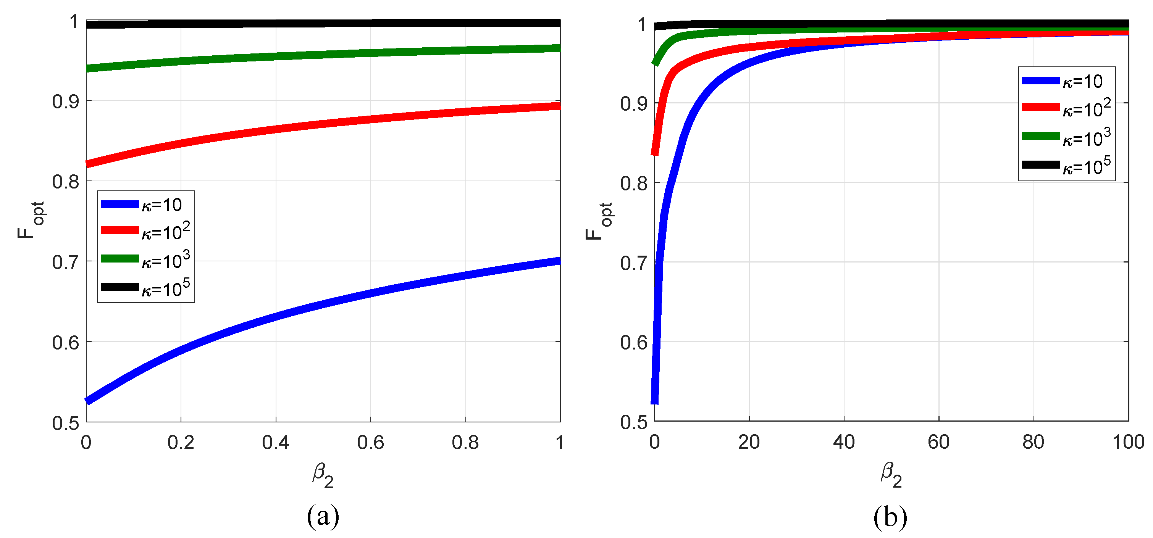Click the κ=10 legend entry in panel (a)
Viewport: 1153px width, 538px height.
coord(143,205)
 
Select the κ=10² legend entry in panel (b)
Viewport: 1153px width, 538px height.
coord(1066,108)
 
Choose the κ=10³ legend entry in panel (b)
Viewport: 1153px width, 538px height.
coord(1066,137)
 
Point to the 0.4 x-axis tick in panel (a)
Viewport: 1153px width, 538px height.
coord(275,443)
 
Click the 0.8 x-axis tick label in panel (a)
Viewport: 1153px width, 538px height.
coord(465,443)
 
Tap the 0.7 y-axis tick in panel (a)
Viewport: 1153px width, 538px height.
coord(65,263)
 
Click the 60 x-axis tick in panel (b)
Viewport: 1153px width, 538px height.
coord(938,442)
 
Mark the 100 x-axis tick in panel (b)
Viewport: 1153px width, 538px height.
coord(1128,442)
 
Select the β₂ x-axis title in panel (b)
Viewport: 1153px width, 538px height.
coord(891,475)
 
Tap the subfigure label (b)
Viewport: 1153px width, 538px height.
coord(890,517)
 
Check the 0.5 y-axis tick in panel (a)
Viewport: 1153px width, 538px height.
coord(65,423)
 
